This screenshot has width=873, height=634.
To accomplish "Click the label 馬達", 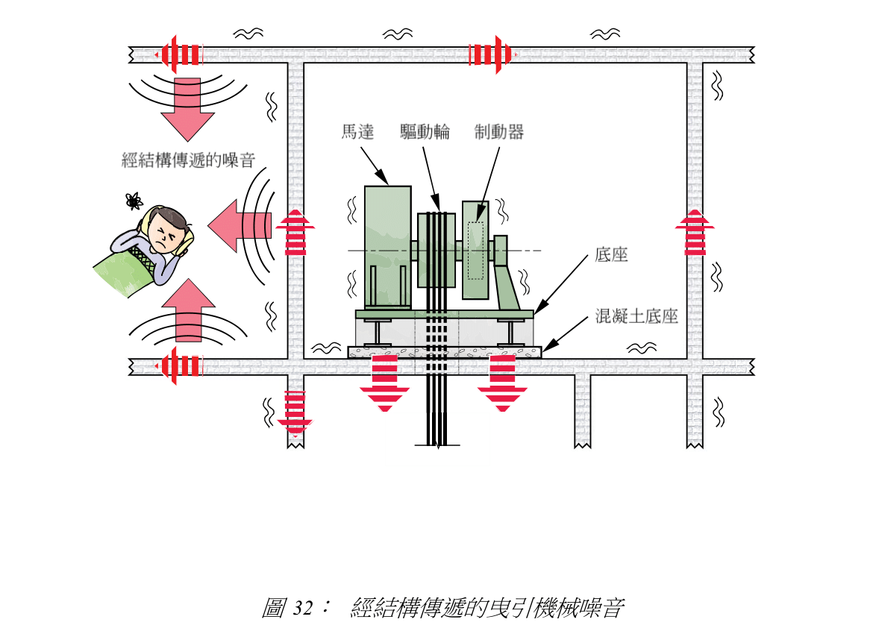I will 357,132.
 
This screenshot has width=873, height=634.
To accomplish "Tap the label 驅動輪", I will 425,132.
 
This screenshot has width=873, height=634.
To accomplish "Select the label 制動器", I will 499,132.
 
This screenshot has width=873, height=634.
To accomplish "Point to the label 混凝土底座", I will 636,316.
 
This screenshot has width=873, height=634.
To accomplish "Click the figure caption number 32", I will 301,609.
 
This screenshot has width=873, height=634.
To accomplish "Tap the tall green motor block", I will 387,246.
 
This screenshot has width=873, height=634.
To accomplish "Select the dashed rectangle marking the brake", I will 475,250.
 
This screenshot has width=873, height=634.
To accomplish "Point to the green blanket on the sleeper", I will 127,272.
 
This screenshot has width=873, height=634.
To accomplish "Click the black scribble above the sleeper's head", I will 134,200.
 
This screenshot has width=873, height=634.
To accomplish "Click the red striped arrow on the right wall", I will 695,232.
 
